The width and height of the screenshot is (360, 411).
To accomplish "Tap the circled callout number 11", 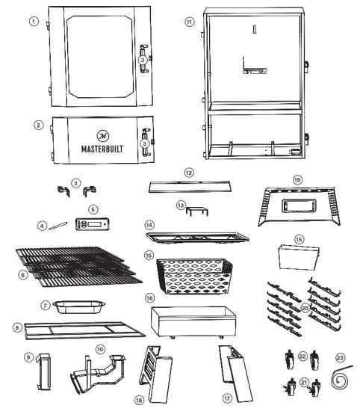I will pos(190,22).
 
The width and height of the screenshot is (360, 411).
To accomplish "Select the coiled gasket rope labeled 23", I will pos(342,380).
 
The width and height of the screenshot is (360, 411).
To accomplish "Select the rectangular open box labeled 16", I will pos(190,322).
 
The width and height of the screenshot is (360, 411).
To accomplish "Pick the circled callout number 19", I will pos(297,180).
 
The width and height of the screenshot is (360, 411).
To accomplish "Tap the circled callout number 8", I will pos(16,327).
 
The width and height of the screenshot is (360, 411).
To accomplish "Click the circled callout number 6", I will pos(22,275).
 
